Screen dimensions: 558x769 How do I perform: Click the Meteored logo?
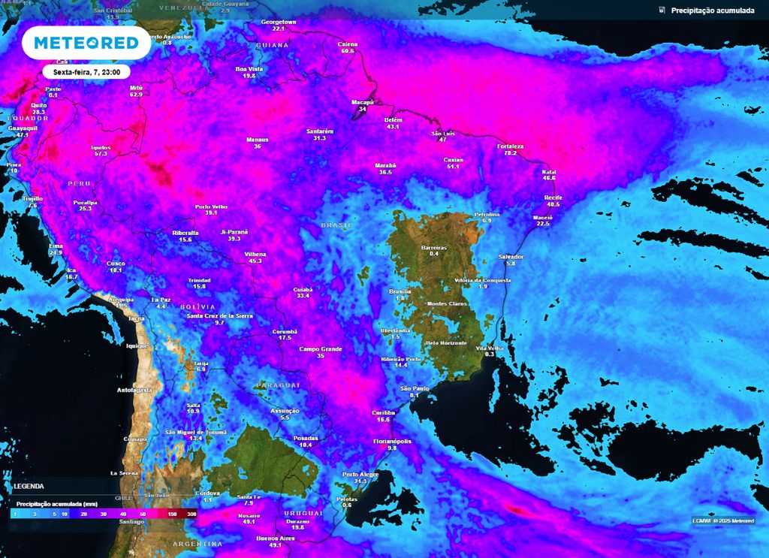tap(86, 44)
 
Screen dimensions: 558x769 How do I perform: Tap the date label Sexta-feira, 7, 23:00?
tap(87, 71)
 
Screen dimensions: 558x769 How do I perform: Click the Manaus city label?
tap(258, 140)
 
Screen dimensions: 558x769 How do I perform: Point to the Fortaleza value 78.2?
tap(511, 153)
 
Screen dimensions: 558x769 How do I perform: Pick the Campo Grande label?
tap(321, 348)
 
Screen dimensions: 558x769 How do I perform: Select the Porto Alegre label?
tap(360, 475)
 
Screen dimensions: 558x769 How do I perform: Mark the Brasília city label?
tap(400, 291)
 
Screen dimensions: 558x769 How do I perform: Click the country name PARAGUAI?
tap(278, 385)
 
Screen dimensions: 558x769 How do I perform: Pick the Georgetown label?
tap(279, 23)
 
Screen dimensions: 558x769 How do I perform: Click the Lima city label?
tap(55, 246)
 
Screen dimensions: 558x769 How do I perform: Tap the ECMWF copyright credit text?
tap(723, 521)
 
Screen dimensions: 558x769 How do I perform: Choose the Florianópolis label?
tap(392, 442)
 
